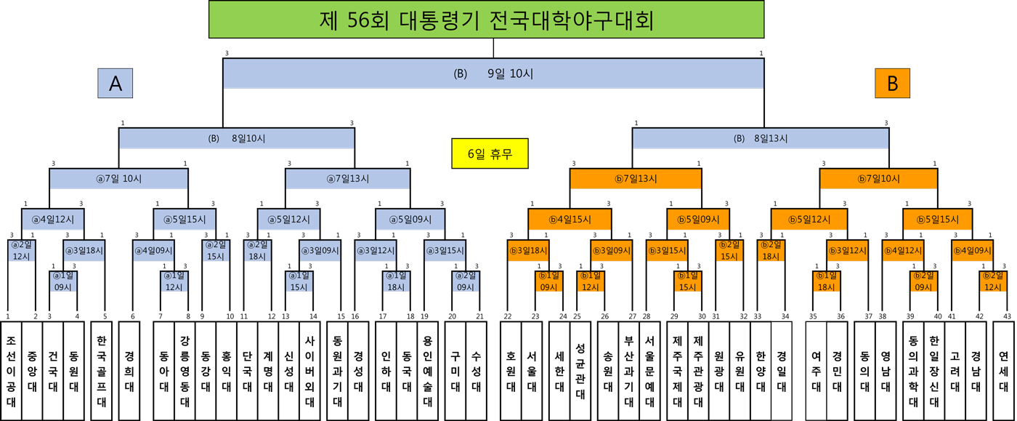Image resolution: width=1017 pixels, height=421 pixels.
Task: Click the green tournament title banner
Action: (x=486, y=20)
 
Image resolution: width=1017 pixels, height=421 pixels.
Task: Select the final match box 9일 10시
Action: (x=493, y=73)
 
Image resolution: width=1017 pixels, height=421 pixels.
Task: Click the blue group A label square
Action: (x=115, y=84)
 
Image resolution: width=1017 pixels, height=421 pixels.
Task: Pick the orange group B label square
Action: (x=892, y=84)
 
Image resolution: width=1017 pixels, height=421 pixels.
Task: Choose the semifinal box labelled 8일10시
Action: (x=237, y=138)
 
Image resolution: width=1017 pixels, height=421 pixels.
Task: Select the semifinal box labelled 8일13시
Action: (x=760, y=138)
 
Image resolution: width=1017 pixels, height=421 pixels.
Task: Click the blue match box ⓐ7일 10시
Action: (x=118, y=178)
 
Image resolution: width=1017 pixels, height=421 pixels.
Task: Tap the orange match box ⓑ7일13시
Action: (x=636, y=178)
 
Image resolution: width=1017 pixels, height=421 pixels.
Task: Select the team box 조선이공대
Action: (x=11, y=370)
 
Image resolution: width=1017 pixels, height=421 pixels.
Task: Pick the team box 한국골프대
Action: (x=101, y=370)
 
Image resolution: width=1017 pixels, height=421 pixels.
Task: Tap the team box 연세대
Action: (x=1003, y=370)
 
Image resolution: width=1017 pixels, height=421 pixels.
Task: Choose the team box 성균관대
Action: (x=579, y=370)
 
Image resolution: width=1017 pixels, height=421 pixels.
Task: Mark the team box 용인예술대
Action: (x=427, y=370)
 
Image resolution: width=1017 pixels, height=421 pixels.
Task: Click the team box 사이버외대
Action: (x=309, y=370)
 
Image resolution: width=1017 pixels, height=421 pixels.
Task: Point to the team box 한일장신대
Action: (x=933, y=370)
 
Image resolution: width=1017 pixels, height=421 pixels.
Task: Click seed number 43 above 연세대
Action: (x=1007, y=316)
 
